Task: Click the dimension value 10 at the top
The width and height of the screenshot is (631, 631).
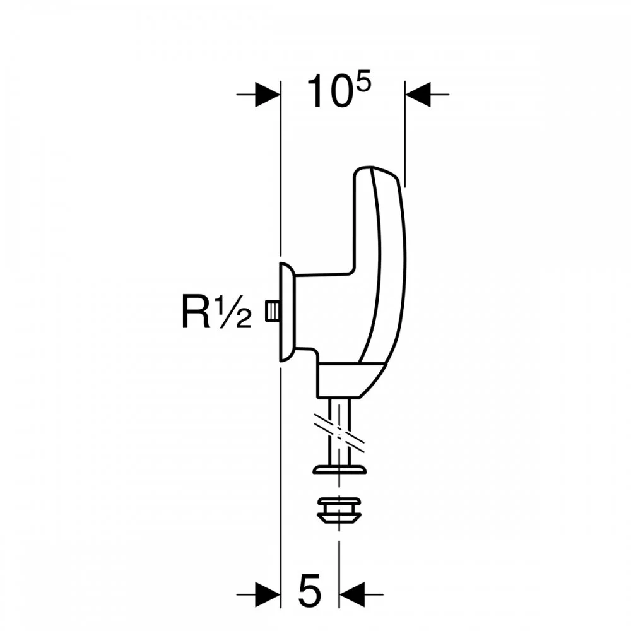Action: (x=329, y=93)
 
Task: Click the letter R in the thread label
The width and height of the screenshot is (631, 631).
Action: (x=196, y=312)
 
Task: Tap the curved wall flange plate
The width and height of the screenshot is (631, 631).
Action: (x=285, y=312)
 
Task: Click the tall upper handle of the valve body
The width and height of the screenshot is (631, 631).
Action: (x=379, y=252)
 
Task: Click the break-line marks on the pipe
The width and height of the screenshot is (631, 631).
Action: (x=341, y=431)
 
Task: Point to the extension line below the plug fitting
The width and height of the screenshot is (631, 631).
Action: (x=339, y=555)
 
